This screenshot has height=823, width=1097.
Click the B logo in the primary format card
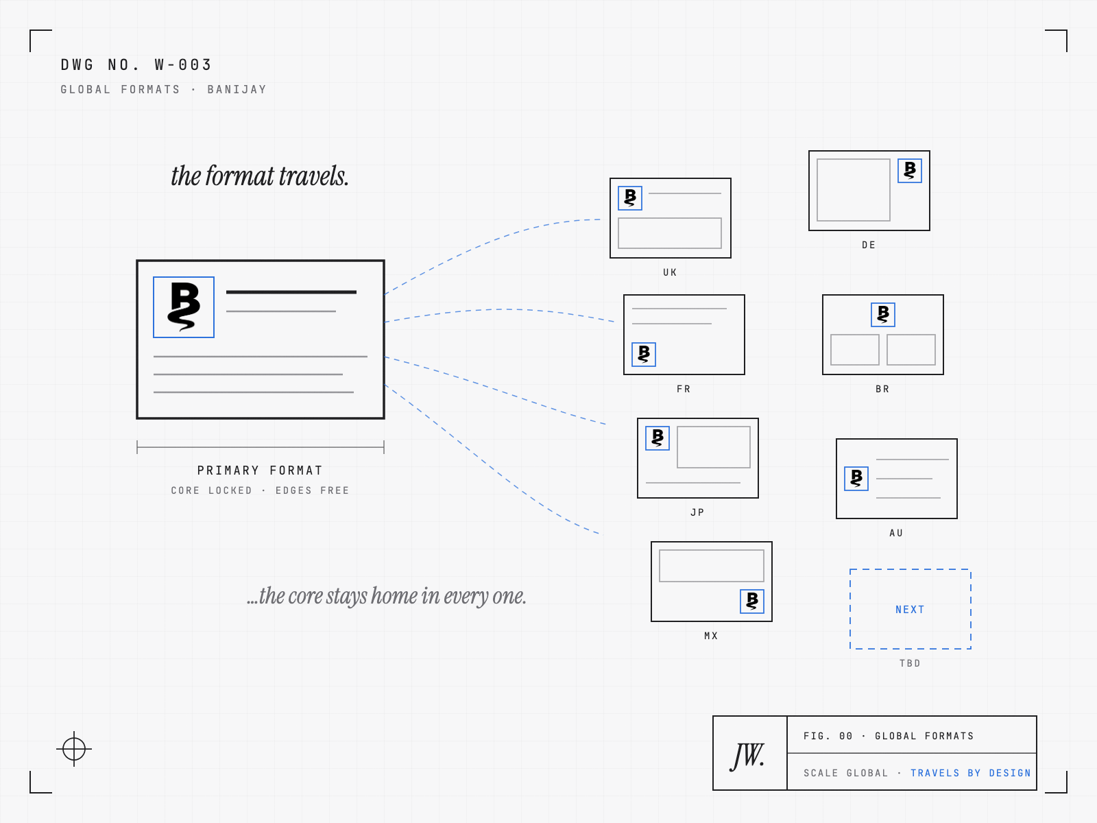184,307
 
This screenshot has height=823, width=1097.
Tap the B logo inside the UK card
629,198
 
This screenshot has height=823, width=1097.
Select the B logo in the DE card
910,170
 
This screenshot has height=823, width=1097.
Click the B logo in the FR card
644,355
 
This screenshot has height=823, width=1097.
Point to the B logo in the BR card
882,314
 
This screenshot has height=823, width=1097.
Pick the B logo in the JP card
658,438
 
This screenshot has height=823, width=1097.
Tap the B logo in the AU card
856,478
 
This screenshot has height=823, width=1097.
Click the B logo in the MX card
751,601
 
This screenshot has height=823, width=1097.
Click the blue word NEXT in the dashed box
910,609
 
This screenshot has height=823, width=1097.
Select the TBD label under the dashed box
910,663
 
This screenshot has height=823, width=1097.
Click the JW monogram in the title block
747,756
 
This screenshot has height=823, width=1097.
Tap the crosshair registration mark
74,748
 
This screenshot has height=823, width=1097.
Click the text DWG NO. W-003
136,64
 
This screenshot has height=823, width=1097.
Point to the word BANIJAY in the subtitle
237,89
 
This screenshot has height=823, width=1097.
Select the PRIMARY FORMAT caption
260,470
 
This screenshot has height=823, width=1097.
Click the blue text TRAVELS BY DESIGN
971,772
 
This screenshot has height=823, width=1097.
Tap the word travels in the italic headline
313,176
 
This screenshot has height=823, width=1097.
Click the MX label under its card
711,636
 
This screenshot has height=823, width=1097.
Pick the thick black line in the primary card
291,292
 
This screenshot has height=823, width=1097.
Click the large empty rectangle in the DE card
853,190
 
